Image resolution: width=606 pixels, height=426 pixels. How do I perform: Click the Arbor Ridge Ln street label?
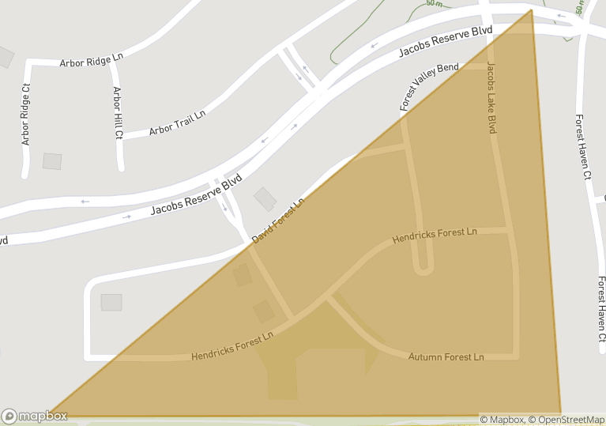click(x=92, y=59)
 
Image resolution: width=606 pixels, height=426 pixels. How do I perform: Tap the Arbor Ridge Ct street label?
click(x=25, y=115)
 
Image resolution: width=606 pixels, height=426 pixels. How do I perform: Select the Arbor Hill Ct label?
click(x=118, y=112)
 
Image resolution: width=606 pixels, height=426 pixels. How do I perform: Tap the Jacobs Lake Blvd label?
click(x=491, y=97)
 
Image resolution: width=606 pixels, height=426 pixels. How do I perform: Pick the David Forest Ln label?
click(x=278, y=221)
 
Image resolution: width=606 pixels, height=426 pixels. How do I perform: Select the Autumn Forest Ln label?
click(x=446, y=357)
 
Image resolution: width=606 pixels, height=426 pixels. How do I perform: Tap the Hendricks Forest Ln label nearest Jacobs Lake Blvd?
click(x=435, y=235)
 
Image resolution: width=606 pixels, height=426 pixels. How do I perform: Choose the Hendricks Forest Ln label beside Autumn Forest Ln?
click(x=232, y=347)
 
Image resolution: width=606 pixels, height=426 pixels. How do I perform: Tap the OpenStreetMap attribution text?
click(x=566, y=420)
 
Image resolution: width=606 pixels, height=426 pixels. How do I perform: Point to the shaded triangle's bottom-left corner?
click(x=49, y=415)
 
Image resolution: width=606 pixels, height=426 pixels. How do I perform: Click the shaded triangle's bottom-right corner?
click(x=560, y=413)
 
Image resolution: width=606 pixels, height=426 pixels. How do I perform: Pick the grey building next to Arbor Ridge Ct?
click(x=52, y=161)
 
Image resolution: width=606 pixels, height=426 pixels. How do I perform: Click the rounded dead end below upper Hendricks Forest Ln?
click(x=423, y=269)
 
